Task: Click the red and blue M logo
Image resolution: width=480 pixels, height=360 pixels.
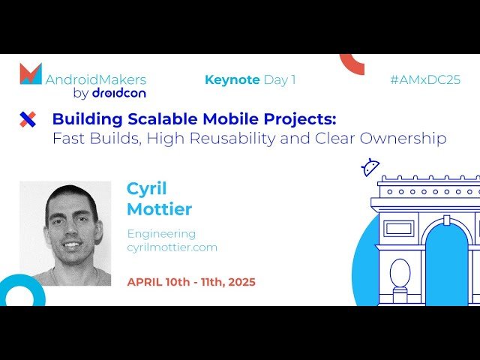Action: (x=31, y=73)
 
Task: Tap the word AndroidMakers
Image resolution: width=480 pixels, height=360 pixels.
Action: (x=96, y=79)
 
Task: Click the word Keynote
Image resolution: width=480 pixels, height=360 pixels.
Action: (x=232, y=79)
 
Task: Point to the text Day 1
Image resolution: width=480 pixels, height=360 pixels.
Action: (x=280, y=79)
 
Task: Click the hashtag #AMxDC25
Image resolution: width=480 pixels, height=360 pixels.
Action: (x=425, y=80)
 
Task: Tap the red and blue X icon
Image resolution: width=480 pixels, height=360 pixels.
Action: (x=28, y=118)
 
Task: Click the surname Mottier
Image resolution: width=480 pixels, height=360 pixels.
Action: (x=159, y=208)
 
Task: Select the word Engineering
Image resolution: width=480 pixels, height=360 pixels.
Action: (x=161, y=233)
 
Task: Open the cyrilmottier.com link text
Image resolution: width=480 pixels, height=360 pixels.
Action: (x=172, y=247)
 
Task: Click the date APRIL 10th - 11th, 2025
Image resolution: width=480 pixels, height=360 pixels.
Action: (x=191, y=282)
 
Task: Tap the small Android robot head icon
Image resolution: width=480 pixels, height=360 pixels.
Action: (x=370, y=167)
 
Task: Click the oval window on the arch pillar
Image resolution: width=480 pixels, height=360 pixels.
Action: (x=400, y=273)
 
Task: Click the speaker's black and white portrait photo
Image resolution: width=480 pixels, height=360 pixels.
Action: (x=65, y=233)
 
